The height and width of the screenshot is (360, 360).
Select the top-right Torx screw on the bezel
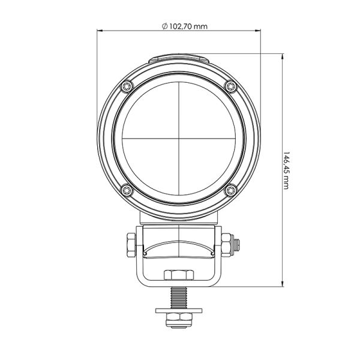point(230,86)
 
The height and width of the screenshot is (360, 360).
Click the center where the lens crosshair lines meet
point(178,139)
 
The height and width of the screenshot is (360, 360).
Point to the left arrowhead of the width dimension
point(100,32)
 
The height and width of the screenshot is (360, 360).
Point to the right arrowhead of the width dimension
point(259,32)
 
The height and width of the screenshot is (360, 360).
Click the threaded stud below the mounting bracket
point(178,296)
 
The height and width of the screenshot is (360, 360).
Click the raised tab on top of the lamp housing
point(178,59)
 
